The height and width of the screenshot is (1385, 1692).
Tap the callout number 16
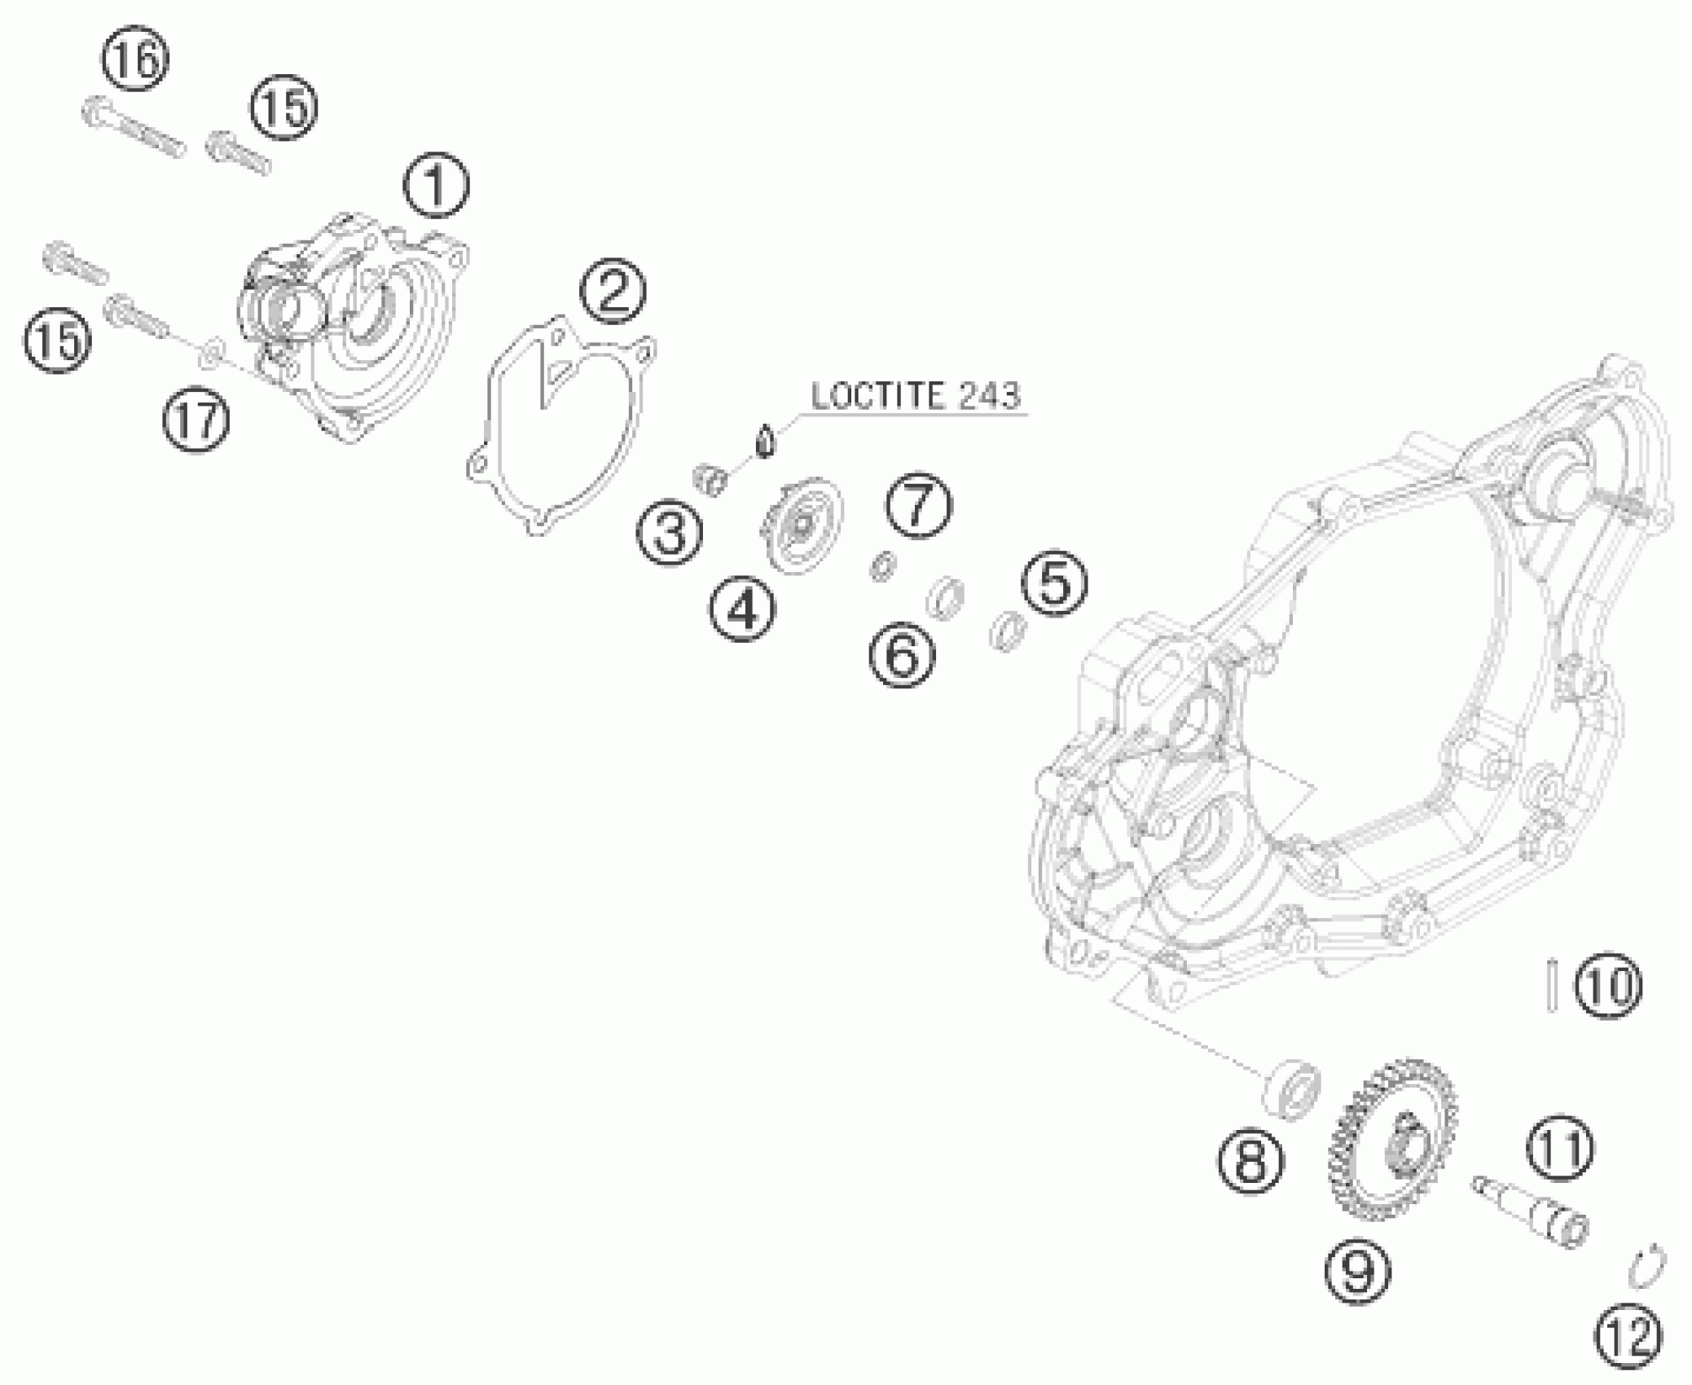pos(136,59)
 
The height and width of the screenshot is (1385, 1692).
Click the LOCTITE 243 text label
pos(915,396)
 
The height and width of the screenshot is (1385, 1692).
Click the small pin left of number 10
pos(1554,987)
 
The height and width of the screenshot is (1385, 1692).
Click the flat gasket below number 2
pos(562,424)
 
